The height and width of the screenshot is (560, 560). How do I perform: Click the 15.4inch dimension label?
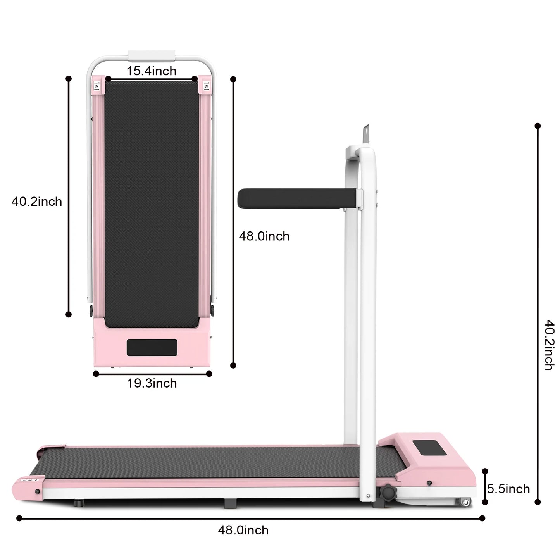[152, 71]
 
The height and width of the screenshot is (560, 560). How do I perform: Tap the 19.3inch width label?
[152, 383]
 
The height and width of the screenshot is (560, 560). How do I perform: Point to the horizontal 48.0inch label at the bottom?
[243, 531]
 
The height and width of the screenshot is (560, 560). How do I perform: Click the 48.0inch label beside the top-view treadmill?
[264, 236]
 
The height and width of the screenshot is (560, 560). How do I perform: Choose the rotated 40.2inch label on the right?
[549, 345]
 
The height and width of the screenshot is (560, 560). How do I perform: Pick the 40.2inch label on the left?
[36, 202]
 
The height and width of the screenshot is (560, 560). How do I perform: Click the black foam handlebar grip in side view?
[297, 198]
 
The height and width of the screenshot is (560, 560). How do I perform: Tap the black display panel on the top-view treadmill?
[152, 347]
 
